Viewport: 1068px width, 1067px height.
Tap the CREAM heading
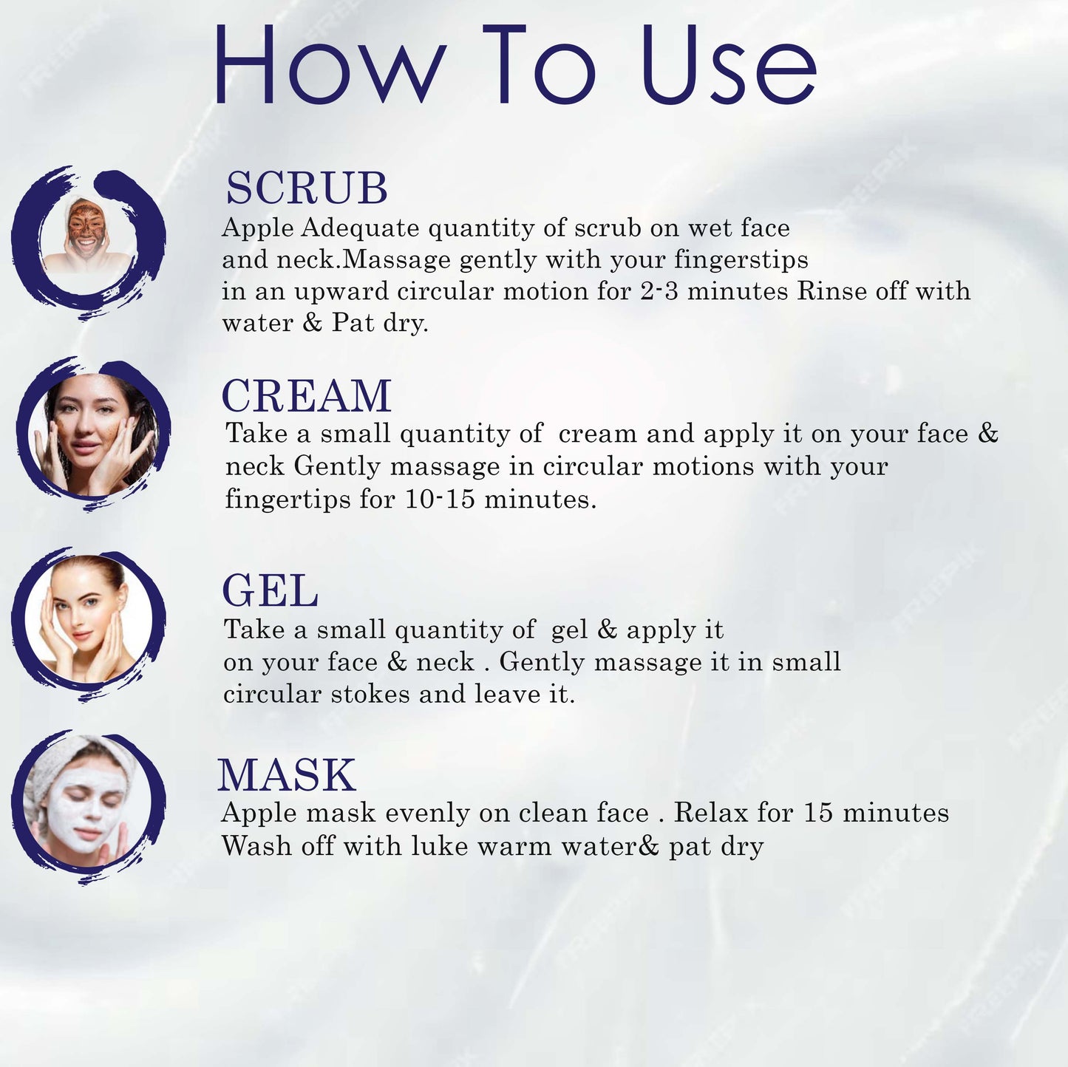click(307, 396)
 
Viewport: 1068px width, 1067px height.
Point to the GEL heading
click(271, 591)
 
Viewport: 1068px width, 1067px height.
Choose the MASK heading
click(287, 775)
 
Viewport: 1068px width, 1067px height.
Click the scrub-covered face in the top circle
click(86, 229)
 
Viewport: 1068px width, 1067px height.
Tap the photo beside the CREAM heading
click(92, 434)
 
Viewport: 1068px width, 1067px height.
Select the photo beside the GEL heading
click(89, 621)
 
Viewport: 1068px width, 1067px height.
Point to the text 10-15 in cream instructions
click(440, 500)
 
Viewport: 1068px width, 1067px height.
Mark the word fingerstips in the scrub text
click(741, 260)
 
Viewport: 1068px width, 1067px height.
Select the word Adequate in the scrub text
click(360, 228)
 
